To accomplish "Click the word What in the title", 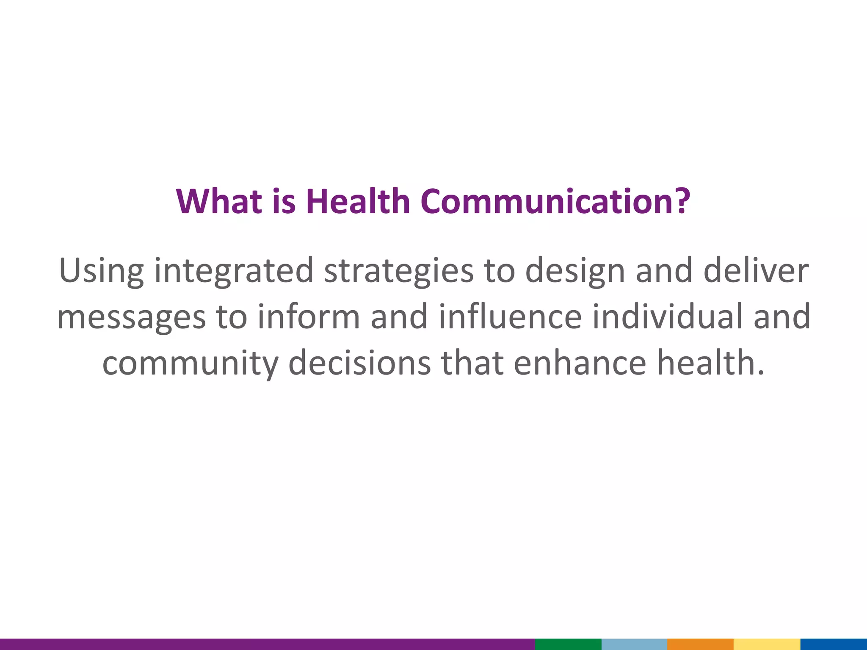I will (218, 201).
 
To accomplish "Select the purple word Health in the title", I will (358, 201).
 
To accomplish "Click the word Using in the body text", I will (101, 271).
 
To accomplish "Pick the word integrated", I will (234, 271).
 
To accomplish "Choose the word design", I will (575, 271).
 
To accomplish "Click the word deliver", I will (756, 270).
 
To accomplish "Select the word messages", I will (131, 317).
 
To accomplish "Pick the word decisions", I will (359, 363).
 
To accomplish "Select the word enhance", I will (580, 363).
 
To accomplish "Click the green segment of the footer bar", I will (568, 644).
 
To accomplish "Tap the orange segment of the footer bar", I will (700, 644).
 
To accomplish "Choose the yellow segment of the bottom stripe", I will (767, 644).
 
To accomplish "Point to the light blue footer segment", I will (634, 644).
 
